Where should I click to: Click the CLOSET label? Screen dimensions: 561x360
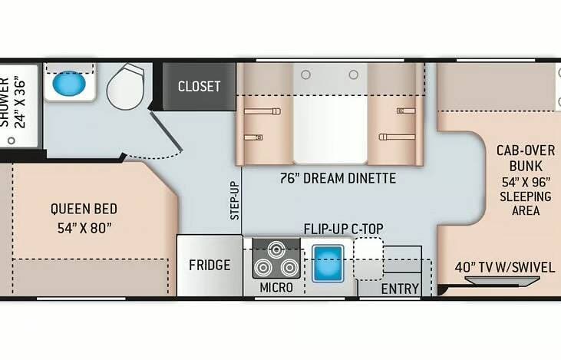tap(199, 86)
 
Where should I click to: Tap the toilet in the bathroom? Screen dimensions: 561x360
tap(126, 86)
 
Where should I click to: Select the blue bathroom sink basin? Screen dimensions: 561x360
tap(69, 84)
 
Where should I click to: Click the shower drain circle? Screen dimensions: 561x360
tap(12, 140)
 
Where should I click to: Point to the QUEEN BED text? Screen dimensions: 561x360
tap(84, 209)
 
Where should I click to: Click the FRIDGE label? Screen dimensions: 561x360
tap(210, 265)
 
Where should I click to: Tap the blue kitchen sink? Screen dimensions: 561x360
tap(328, 263)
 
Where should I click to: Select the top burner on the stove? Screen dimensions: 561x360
tap(276, 249)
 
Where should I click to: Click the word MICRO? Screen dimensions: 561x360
tap(276, 287)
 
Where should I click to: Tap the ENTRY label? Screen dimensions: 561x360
tap(400, 289)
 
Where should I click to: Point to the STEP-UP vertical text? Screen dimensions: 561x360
tap(234, 200)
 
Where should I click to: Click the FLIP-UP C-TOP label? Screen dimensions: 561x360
tap(344, 229)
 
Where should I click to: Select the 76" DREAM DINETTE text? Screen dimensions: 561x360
tap(338, 178)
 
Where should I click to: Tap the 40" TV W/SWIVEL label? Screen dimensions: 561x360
tap(505, 267)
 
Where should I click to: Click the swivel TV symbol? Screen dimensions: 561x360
tap(502, 281)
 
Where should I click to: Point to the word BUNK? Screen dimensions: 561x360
tap(526, 167)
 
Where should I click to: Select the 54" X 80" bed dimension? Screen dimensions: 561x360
tap(84, 228)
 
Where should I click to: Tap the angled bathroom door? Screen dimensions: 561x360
tap(167, 131)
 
